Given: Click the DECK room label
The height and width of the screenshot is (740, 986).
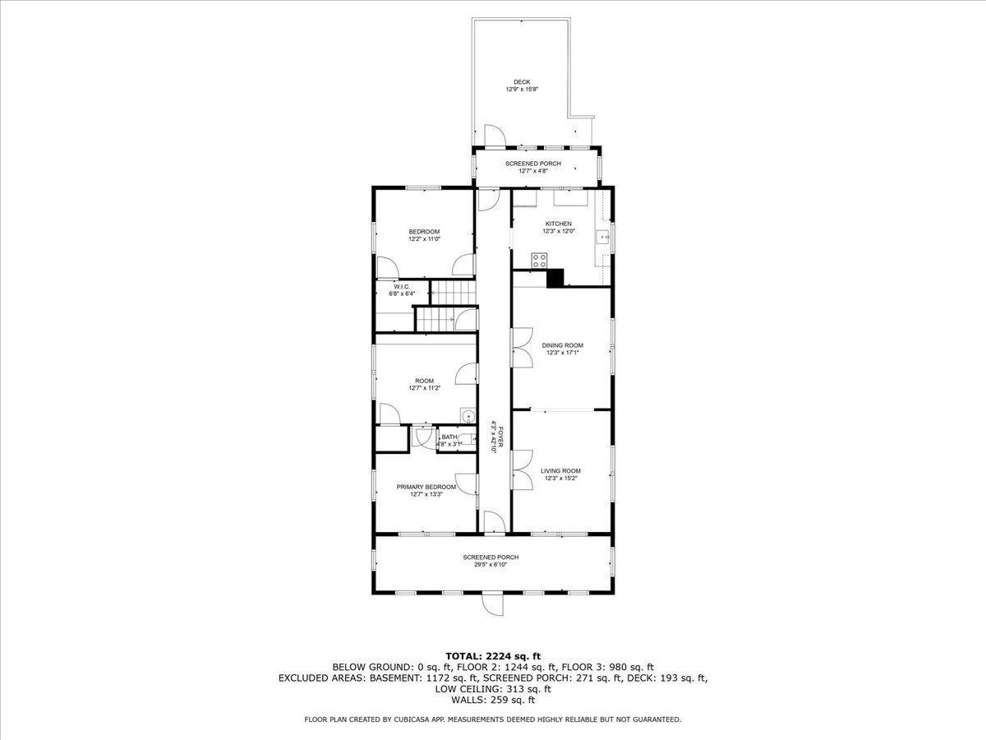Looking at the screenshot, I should (x=522, y=81).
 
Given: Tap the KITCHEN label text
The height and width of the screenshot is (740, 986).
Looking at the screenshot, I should (x=559, y=224).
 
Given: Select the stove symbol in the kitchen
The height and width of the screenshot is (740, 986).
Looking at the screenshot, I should (x=540, y=261).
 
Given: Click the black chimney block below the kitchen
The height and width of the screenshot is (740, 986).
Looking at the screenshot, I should (x=555, y=279).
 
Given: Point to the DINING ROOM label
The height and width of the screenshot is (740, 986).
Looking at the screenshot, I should (x=563, y=345).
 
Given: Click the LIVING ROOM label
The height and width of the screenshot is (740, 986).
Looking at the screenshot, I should (x=560, y=471).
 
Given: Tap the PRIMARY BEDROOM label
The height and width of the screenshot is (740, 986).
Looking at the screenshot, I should (x=426, y=487).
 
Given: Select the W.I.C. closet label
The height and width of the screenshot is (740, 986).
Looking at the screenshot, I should (x=402, y=286).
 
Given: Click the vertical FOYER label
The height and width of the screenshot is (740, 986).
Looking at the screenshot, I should (x=495, y=433).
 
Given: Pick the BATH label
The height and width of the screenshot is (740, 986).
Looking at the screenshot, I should (x=449, y=437).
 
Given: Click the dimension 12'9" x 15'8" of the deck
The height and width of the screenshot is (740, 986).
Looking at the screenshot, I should (x=522, y=89).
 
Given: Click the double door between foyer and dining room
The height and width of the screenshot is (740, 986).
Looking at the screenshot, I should (x=519, y=347).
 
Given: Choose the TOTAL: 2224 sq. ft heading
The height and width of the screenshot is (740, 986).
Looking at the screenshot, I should (x=493, y=655).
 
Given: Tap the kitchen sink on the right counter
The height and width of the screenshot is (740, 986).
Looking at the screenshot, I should (x=604, y=238).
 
